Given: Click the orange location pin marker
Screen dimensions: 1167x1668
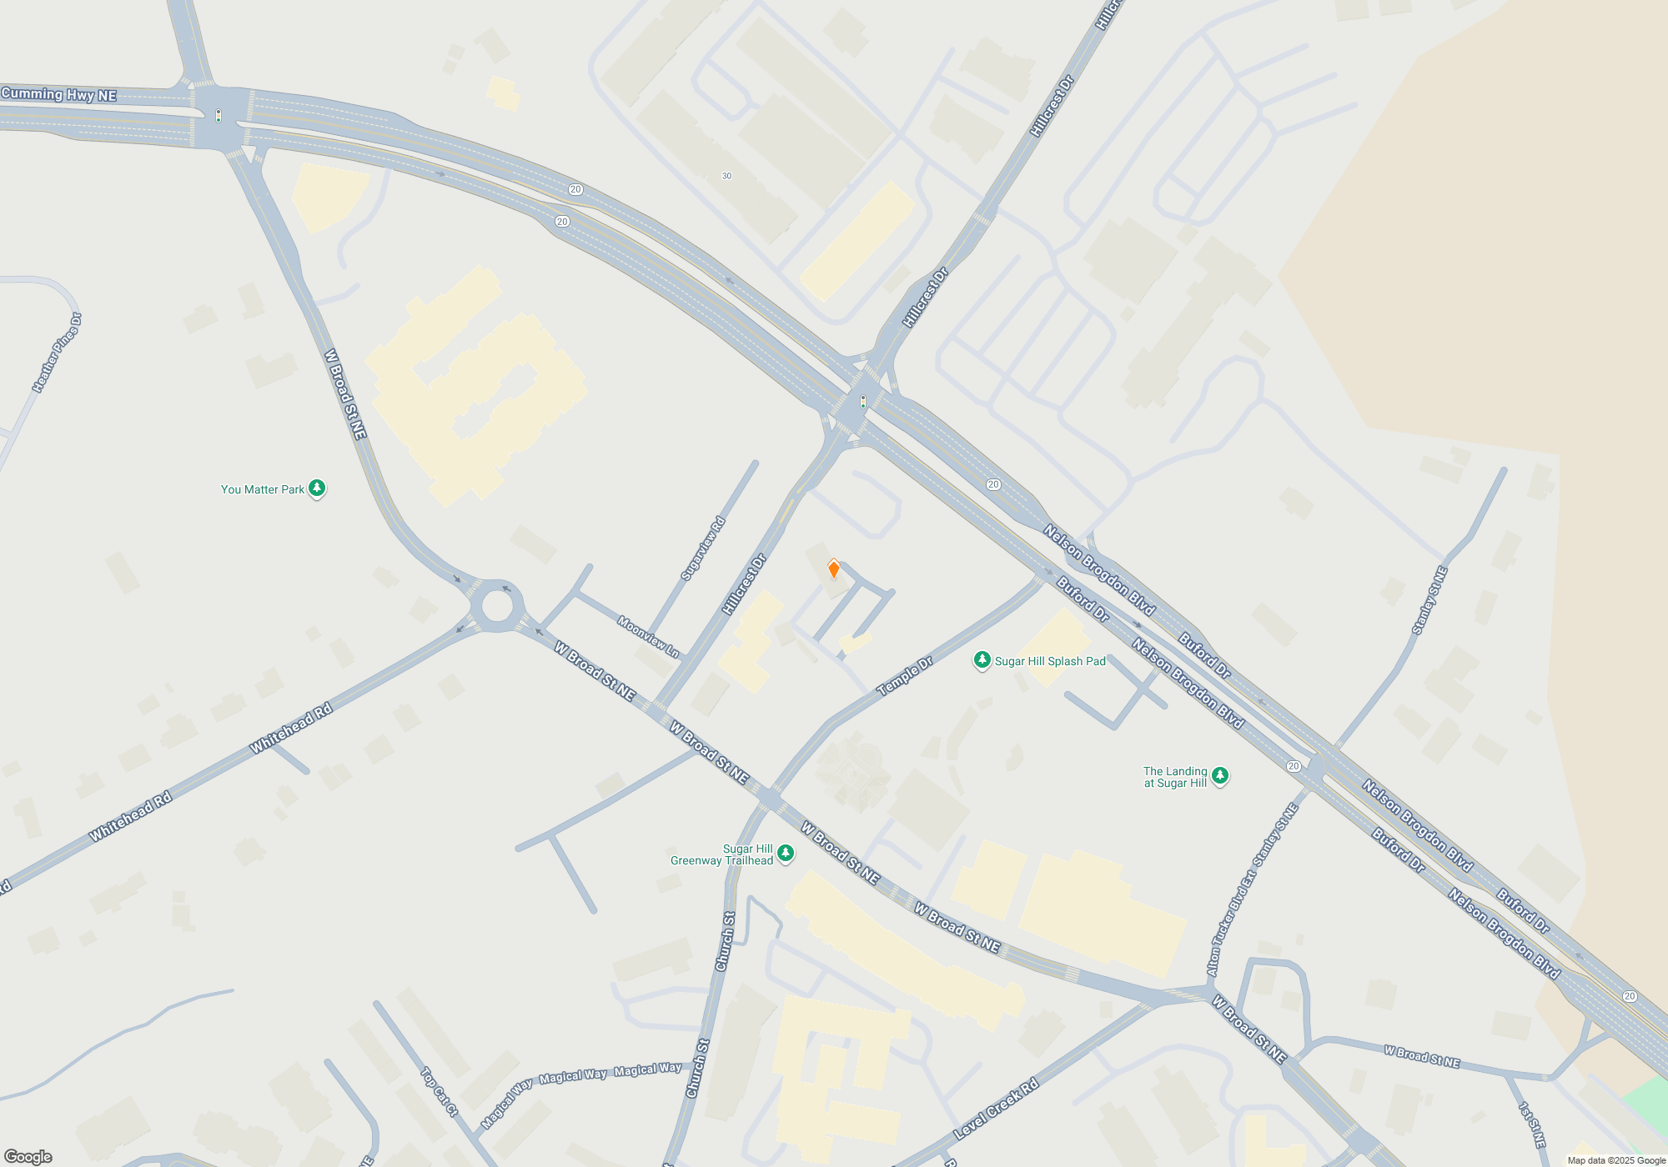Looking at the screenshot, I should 833,569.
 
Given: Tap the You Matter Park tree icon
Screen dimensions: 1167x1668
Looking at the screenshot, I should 317,488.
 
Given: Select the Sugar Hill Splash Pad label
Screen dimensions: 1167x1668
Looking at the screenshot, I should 1049,661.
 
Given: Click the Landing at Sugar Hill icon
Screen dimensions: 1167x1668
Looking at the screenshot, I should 1219,776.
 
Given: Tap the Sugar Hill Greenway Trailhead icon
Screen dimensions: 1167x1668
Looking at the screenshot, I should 785,853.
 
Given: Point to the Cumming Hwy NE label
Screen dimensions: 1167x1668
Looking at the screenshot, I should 58,94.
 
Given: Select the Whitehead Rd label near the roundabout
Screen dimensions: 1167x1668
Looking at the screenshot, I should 291,728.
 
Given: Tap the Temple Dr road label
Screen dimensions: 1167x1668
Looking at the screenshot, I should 905,676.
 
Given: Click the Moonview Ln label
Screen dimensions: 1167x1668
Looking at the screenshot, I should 649,636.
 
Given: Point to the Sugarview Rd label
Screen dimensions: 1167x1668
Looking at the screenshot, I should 703,548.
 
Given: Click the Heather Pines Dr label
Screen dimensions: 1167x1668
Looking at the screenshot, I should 57,353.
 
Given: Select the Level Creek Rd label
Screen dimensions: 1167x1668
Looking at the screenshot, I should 996,1109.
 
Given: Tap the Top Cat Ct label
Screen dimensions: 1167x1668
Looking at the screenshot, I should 440,1091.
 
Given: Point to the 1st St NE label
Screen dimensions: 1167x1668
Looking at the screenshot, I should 1532,1124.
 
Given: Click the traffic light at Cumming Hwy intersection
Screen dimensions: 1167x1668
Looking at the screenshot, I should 219,116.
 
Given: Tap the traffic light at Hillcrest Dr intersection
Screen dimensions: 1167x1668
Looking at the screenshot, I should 863,402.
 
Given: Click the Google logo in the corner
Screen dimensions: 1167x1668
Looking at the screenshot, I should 28,1157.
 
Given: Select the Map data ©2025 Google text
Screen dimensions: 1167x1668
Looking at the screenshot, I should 1616,1160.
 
